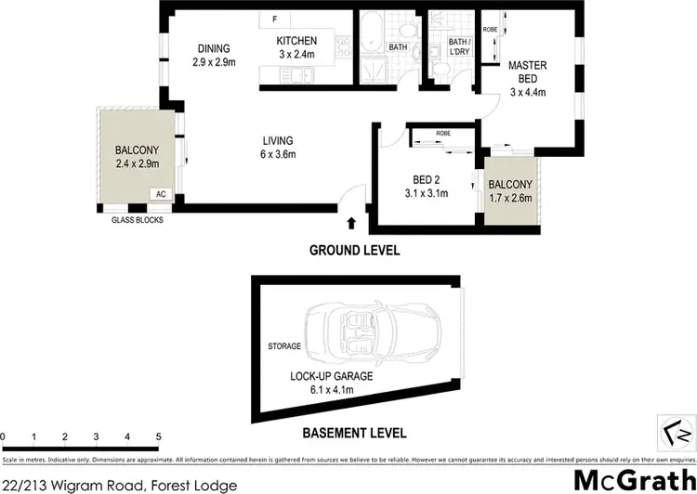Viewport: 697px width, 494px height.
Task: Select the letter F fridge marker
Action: click(275, 19)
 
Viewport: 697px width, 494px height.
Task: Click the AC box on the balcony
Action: click(160, 194)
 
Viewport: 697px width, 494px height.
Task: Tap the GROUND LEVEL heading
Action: click(354, 250)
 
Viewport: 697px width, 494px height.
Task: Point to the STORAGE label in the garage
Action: click(284, 346)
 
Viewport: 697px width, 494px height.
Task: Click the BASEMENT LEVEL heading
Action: click(354, 432)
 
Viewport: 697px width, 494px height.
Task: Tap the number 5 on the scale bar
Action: click(159, 436)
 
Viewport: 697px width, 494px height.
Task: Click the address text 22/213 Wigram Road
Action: click(119, 485)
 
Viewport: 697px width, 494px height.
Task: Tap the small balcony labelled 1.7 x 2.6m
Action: click(510, 190)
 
